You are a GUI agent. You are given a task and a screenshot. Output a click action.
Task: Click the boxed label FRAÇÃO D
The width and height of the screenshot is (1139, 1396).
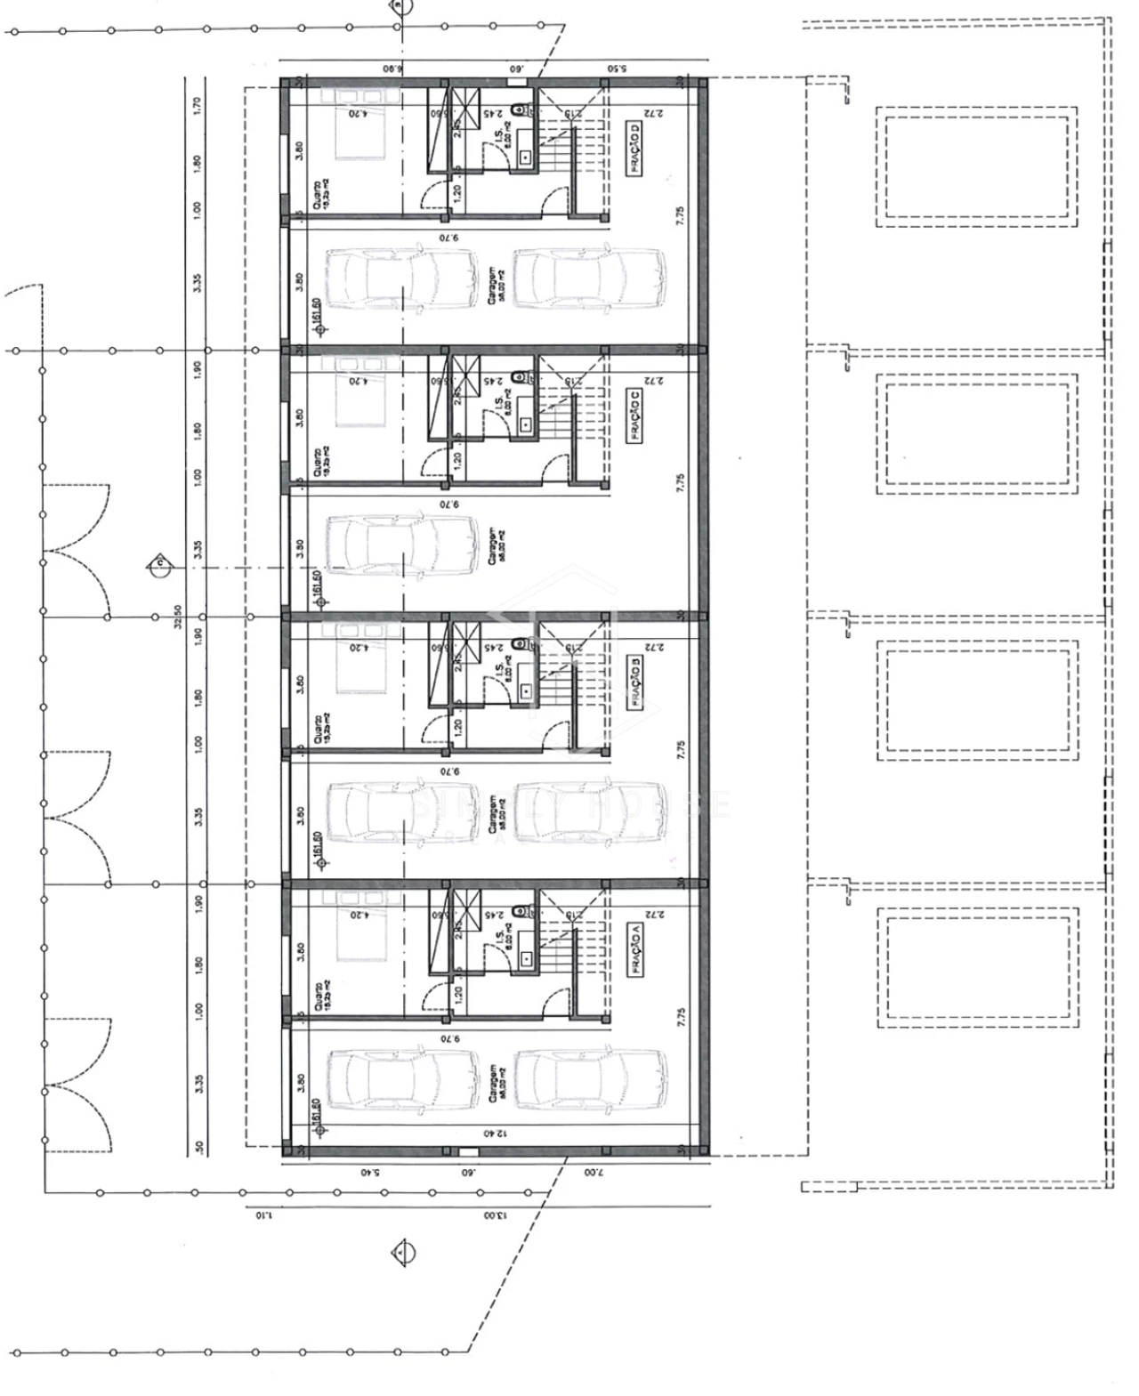point(635,150)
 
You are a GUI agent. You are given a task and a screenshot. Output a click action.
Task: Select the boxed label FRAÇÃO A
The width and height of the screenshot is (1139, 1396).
point(635,951)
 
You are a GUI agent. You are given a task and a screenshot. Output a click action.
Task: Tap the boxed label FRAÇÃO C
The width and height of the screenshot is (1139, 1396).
point(635,417)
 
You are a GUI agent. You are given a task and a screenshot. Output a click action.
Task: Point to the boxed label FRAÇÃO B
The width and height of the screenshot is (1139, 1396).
point(635,683)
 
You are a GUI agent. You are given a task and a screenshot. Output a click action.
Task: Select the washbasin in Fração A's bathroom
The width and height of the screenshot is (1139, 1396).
point(526,958)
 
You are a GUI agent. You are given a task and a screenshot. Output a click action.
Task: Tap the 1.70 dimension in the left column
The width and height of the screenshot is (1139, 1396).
point(198,105)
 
